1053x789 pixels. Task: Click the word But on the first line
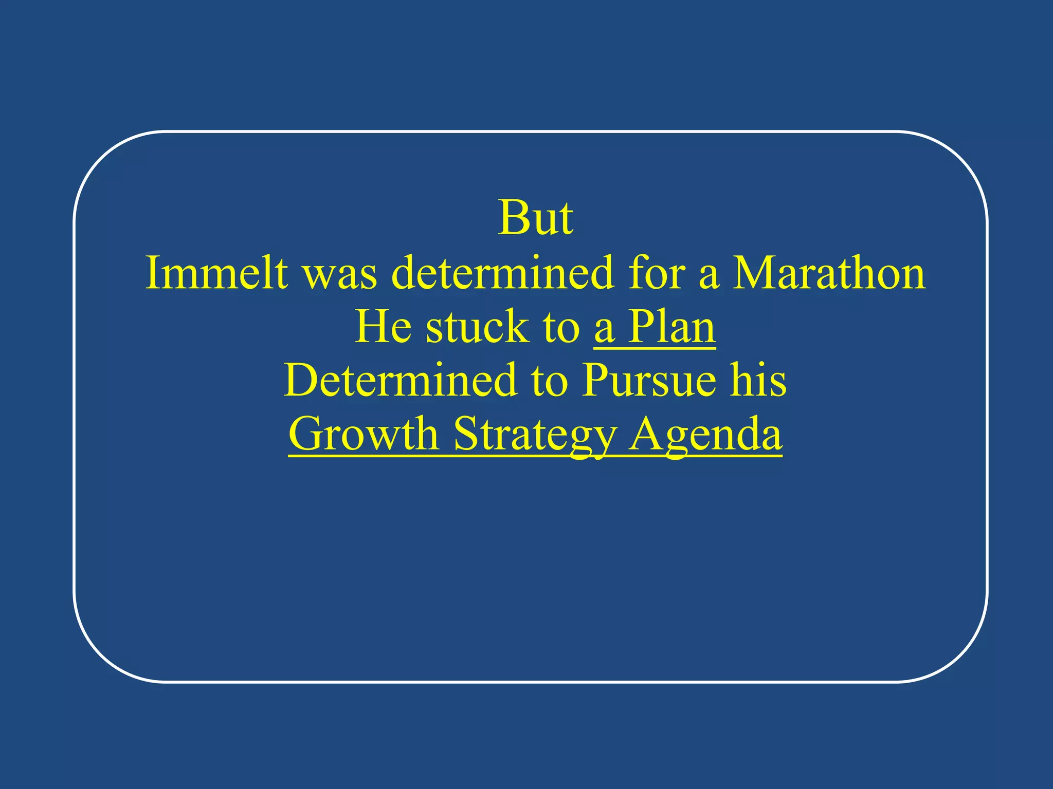[x=535, y=218]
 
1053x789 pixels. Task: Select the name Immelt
[x=216, y=273]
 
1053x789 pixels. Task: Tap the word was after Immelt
[x=340, y=274]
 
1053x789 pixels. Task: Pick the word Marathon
[x=829, y=273]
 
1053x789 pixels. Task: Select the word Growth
[x=364, y=434]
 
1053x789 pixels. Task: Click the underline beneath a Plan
[x=655, y=349]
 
